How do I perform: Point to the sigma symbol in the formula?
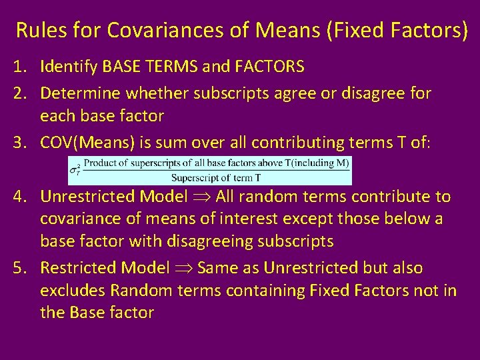[75, 170]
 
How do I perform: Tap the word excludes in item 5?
[73, 290]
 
